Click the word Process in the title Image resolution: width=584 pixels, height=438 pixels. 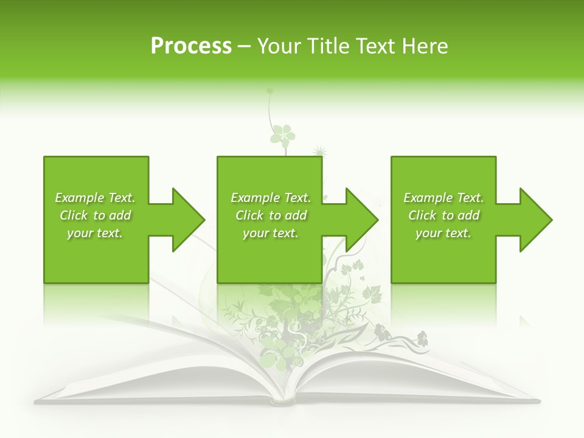pyautogui.click(x=191, y=46)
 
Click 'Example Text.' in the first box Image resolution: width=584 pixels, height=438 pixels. pyautogui.click(x=95, y=198)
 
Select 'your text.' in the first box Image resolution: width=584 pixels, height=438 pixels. pyautogui.click(x=95, y=233)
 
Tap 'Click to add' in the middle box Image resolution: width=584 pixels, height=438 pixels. pyautogui.click(x=271, y=215)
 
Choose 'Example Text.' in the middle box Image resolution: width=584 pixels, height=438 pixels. pyautogui.click(x=271, y=198)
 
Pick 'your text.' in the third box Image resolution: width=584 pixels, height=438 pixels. pyautogui.click(x=443, y=233)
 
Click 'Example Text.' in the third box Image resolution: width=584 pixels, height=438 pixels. pyautogui.click(x=443, y=198)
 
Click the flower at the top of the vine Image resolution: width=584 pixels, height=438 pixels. pyautogui.click(x=282, y=135)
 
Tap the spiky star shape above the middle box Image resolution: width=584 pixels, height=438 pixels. pyautogui.click(x=319, y=151)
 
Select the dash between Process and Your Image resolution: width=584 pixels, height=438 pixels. pyautogui.click(x=245, y=47)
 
